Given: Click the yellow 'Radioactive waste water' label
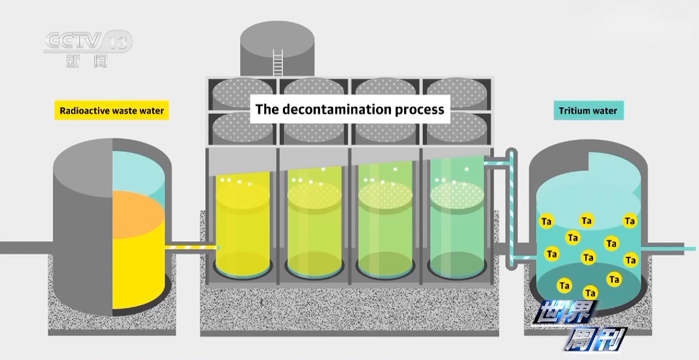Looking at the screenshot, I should point(111,111).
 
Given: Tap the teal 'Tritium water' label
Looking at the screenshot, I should point(588,111).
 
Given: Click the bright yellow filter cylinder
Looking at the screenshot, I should point(242,224).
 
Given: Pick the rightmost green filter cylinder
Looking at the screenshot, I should point(457,224).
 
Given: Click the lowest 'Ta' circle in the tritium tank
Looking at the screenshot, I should point(590,293).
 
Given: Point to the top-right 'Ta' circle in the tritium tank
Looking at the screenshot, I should point(630,221).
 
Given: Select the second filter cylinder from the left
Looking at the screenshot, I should point(315,224).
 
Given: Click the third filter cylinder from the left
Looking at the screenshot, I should point(386,224).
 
